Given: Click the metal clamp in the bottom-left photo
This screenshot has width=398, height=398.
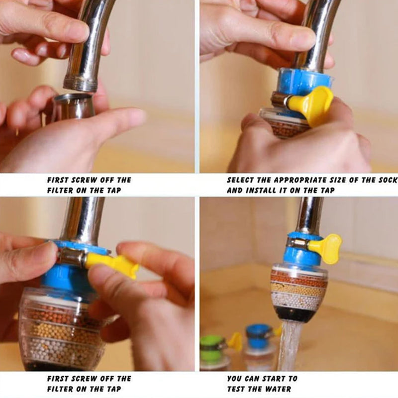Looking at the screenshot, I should pos(70,256).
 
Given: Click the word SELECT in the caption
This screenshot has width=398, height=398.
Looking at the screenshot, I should pos(241,180).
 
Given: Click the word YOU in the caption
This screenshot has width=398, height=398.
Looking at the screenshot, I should pos(235,379).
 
